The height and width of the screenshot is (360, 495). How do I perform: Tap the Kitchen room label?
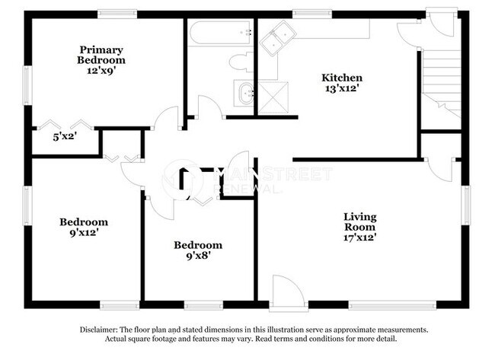point(341,78)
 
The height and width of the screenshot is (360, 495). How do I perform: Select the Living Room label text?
point(359,221)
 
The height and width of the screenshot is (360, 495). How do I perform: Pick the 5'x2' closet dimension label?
point(65,137)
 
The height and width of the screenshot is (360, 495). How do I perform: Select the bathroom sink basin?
point(245,94)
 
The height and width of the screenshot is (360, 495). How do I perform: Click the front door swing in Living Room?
point(287,292)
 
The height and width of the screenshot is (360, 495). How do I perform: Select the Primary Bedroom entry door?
point(165,119)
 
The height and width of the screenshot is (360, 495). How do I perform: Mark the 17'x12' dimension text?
point(359,237)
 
